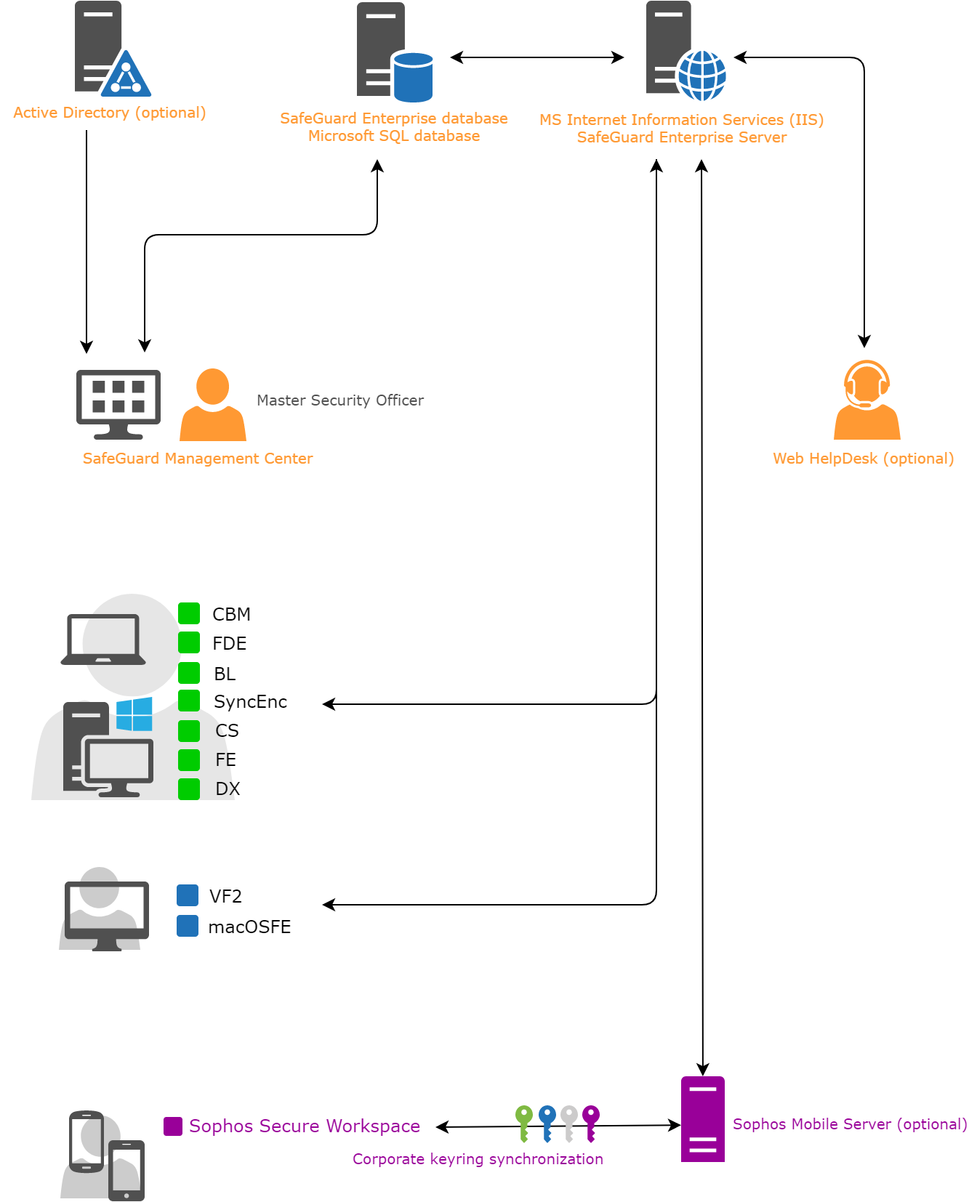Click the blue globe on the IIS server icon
(x=701, y=75)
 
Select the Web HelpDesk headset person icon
(x=867, y=400)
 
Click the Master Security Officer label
(x=340, y=400)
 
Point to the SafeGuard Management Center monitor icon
(x=118, y=403)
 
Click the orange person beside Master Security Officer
(x=213, y=405)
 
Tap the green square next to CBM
(x=189, y=613)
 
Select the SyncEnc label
(x=250, y=702)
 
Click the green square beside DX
(x=189, y=789)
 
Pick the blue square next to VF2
(x=188, y=895)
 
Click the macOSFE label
(x=249, y=927)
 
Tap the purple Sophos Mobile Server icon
(x=703, y=1119)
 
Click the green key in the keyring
(x=524, y=1123)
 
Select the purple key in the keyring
(x=591, y=1123)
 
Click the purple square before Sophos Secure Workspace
(x=173, y=1126)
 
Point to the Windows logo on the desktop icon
(x=134, y=714)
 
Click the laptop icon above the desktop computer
(x=103, y=640)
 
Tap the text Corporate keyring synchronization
(x=478, y=1159)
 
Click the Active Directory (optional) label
(x=110, y=113)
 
